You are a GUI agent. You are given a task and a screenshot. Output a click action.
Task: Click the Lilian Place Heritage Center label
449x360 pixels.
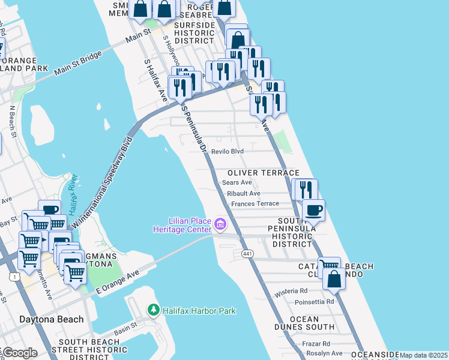tap(182, 224)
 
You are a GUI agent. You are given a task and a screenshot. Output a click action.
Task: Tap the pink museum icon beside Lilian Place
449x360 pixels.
tap(220, 225)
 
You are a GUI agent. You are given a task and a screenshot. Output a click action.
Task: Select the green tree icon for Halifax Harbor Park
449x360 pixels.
tap(154, 310)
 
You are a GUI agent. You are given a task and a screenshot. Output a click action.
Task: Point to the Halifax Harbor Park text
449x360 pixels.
tap(199, 311)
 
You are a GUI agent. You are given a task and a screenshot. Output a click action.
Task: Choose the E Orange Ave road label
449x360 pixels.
tap(117, 281)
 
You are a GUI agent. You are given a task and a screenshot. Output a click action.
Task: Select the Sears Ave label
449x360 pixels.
tap(237, 182)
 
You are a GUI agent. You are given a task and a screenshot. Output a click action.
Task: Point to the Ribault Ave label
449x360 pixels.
tap(244, 193)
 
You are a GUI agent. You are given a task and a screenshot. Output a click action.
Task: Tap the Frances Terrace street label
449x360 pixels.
tap(255, 204)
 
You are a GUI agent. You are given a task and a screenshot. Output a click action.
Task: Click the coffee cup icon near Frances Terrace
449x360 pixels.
tap(313, 210)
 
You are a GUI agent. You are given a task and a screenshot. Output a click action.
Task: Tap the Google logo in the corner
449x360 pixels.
tap(19, 353)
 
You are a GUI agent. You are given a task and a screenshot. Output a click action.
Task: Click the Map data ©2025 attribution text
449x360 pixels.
tap(423, 355)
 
